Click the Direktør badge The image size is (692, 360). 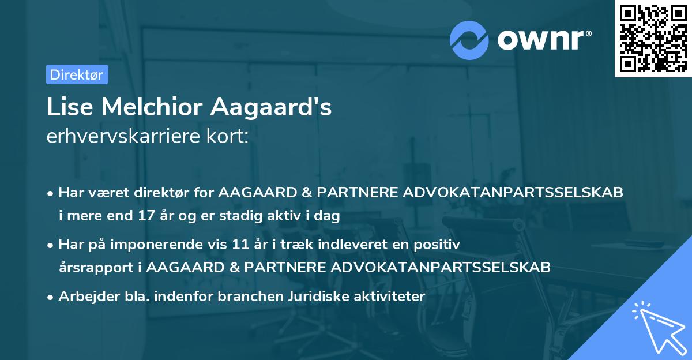point(77,74)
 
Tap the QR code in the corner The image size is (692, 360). point(653,39)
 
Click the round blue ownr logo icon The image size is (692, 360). point(469,40)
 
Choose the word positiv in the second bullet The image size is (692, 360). point(439,244)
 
